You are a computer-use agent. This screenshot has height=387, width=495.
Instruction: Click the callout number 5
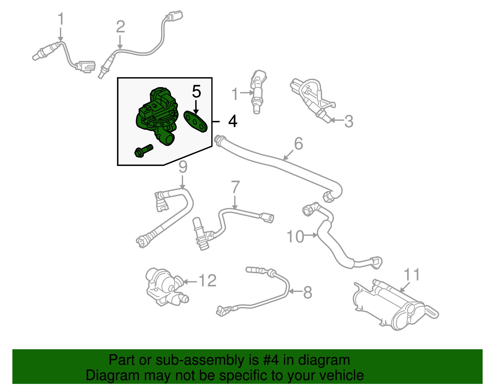(196, 92)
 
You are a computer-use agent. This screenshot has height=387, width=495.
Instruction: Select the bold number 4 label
(233, 121)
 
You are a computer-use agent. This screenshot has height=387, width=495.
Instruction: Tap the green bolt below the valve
(144, 150)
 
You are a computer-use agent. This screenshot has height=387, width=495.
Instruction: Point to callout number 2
(120, 27)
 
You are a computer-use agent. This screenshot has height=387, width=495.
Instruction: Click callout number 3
(349, 121)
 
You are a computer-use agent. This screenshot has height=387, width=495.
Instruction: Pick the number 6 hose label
(298, 144)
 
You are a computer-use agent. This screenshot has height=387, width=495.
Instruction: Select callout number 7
(235, 187)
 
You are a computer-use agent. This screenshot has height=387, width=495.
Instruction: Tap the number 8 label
(307, 292)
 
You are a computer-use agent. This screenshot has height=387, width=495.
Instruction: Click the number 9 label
(183, 167)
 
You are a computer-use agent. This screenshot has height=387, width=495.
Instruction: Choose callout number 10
(295, 237)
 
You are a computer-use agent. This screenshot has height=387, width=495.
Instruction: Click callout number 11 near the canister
(412, 275)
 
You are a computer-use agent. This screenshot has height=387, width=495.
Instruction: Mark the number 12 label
(207, 281)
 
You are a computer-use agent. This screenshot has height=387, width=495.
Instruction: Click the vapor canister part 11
(393, 305)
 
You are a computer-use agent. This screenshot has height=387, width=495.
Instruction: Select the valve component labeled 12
(164, 287)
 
